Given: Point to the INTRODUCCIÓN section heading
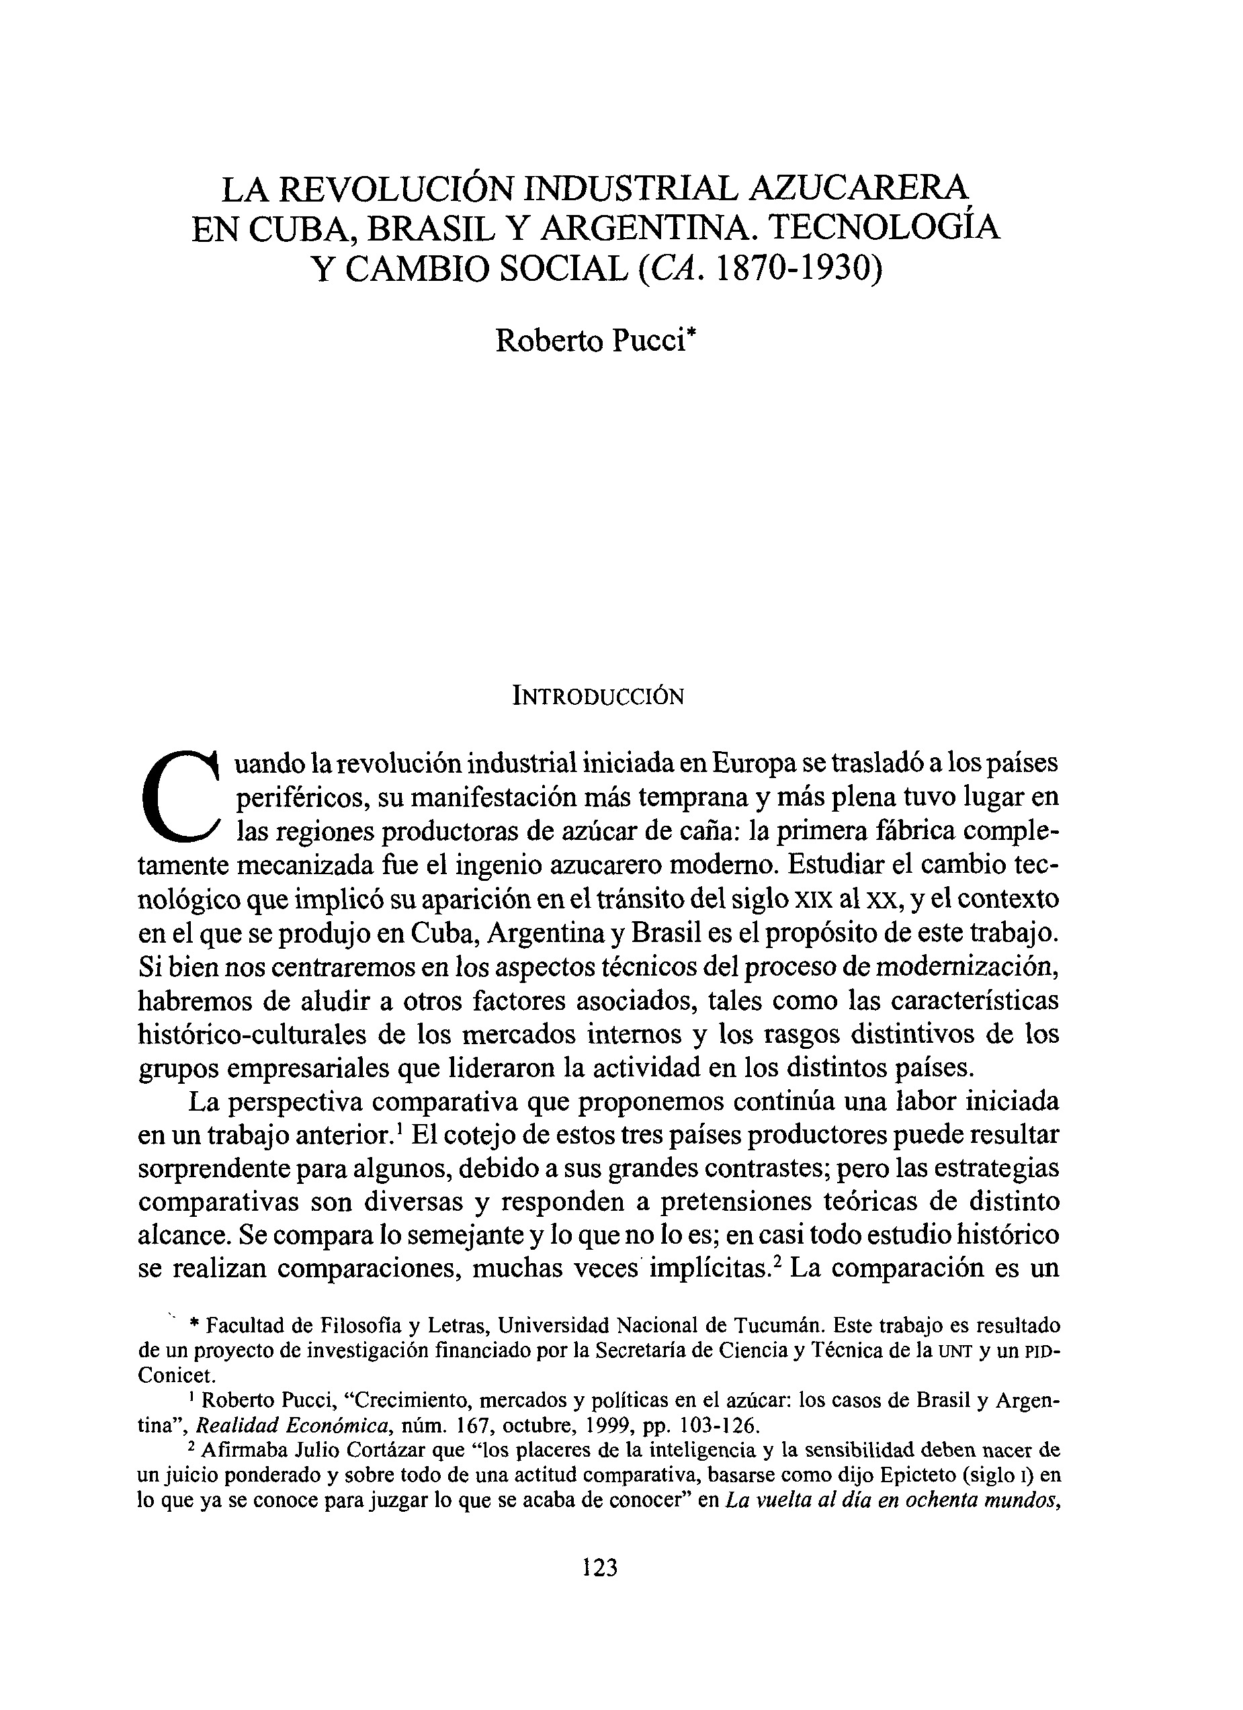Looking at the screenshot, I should click(x=598, y=697).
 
